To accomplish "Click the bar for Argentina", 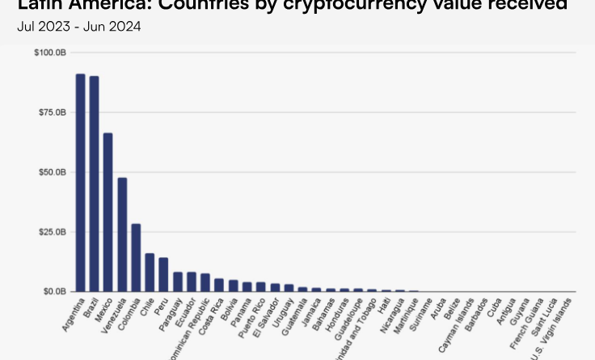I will (x=80, y=182).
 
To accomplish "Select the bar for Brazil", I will (x=94, y=184).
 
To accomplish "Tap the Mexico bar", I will (x=108, y=212).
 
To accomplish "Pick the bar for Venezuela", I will (x=122, y=234).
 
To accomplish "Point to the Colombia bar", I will (x=136, y=257).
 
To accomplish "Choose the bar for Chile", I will (x=150, y=272).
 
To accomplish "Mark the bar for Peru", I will (x=163, y=274).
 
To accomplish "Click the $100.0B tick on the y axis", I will (x=50, y=53).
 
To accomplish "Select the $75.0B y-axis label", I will (x=51, y=112).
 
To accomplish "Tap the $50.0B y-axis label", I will (x=51, y=172).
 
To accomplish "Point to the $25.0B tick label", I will (x=51, y=232).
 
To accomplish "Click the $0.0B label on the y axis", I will (x=53, y=291).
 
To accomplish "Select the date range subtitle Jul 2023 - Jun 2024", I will (x=78, y=27).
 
